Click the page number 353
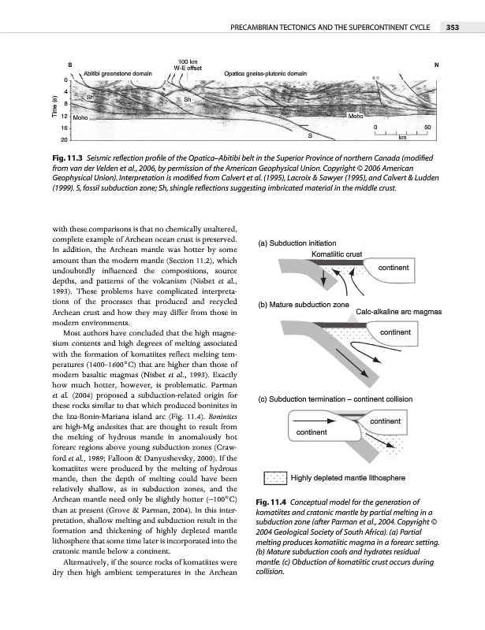click(x=452, y=28)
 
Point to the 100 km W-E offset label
click(x=188, y=64)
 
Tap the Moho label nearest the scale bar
click(x=356, y=115)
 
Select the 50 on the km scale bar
click(x=427, y=126)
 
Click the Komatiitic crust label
click(x=337, y=254)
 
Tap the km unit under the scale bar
click(x=402, y=137)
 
